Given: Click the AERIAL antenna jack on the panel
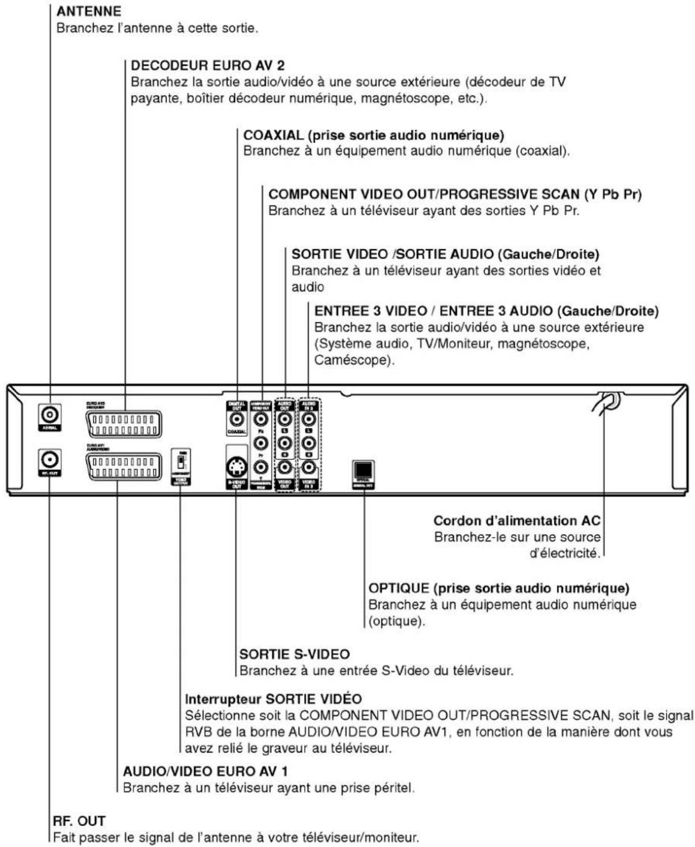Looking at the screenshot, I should click(x=50, y=414).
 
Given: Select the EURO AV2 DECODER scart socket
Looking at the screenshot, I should click(x=124, y=425).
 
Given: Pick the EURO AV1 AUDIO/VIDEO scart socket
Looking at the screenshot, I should click(x=124, y=467).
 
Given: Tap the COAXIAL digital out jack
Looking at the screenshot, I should click(x=237, y=419).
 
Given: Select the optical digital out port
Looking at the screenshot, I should click(x=363, y=470).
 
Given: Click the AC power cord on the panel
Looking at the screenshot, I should click(x=605, y=402).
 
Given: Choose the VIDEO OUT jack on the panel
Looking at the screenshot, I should click(x=285, y=467).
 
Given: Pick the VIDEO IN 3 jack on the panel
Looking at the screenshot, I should click(x=309, y=467).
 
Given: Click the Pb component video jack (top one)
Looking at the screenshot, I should click(x=261, y=419).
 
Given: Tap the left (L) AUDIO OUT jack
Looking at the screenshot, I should click(x=285, y=419).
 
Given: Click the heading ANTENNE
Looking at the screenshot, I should click(x=89, y=11).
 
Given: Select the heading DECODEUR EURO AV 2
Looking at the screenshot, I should click(x=207, y=65).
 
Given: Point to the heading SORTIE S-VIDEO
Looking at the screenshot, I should click(x=294, y=655).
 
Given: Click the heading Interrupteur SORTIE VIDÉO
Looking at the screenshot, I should click(x=273, y=699).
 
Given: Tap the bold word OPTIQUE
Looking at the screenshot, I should click(x=398, y=588).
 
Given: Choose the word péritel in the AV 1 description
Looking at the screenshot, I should click(x=394, y=788).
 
